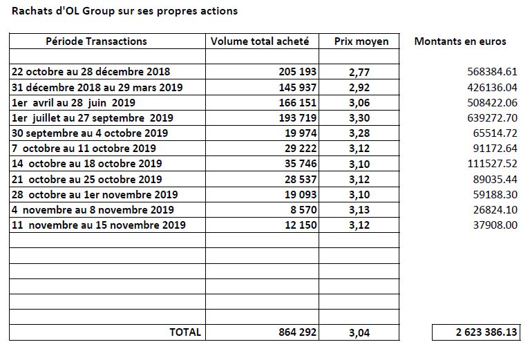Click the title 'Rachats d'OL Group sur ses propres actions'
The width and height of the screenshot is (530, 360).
[124, 11]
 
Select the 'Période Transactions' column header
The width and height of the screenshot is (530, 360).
[96, 41]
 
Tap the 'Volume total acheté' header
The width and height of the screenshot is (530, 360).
[260, 41]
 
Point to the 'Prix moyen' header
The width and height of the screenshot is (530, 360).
[361, 41]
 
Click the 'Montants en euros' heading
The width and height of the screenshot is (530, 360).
[460, 41]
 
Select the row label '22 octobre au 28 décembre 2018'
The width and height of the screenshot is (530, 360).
[91, 72]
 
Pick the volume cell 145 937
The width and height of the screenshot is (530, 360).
[297, 88]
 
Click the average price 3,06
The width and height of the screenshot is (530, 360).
[359, 103]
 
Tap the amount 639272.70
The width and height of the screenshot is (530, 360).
[492, 118]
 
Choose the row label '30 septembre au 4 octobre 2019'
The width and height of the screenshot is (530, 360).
[90, 133]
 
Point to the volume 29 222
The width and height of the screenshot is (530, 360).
[301, 149]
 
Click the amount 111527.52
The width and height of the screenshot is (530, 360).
[492, 164]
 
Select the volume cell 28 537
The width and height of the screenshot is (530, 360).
[301, 179]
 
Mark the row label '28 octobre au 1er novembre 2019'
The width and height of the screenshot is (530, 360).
[95, 195]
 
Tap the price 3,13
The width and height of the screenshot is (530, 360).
[359, 210]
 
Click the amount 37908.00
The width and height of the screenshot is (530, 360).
[495, 225]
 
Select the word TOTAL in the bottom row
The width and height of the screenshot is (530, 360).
[185, 332]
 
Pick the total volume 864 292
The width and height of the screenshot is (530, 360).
[297, 332]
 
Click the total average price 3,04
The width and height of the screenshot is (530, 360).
[359, 333]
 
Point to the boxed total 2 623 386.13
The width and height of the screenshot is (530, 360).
[486, 332]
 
